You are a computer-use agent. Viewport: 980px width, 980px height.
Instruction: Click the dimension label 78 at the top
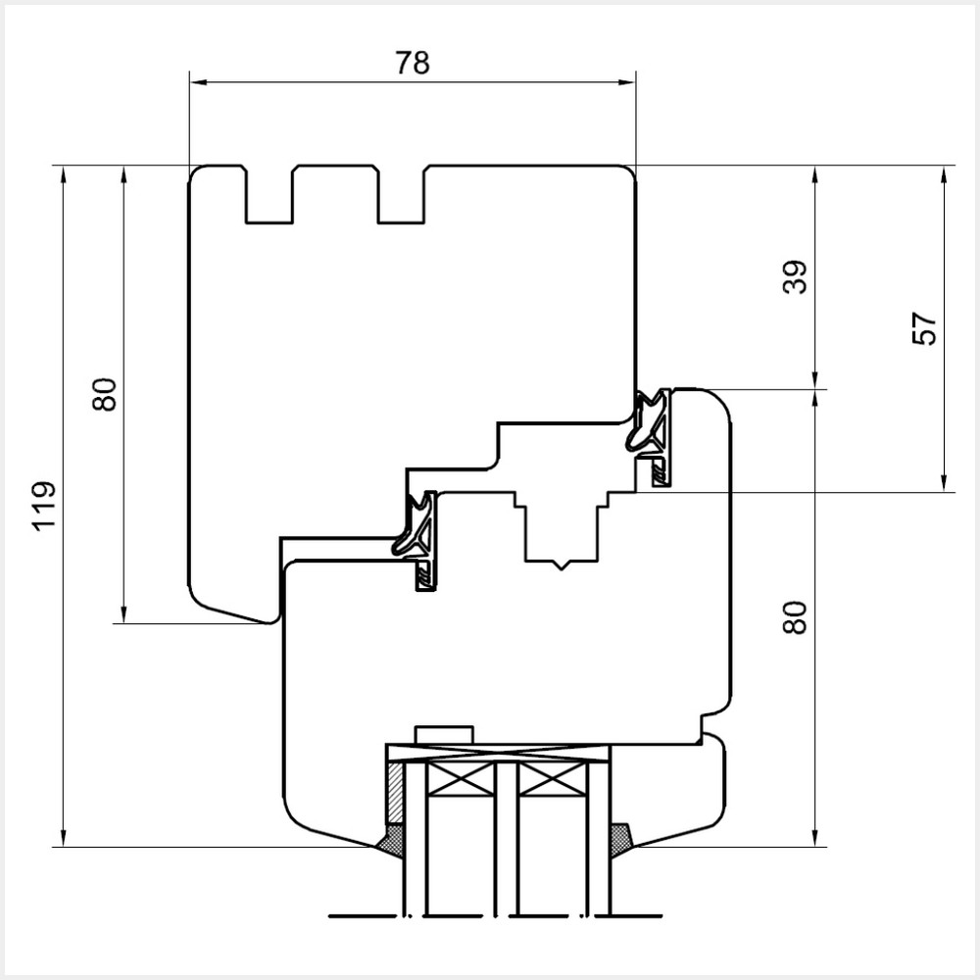413,63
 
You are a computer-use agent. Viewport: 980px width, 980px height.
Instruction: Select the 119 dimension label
43,507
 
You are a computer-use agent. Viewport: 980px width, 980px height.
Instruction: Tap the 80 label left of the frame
104,394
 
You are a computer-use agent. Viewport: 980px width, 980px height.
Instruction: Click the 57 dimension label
924,328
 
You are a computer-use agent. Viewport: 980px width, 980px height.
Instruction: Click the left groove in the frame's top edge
269,196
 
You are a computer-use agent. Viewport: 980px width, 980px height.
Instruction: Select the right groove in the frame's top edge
401,196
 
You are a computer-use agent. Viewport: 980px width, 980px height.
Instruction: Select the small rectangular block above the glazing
444,735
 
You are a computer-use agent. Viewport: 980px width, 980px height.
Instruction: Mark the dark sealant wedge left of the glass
392,839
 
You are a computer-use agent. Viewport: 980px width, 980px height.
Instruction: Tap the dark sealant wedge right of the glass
621,839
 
